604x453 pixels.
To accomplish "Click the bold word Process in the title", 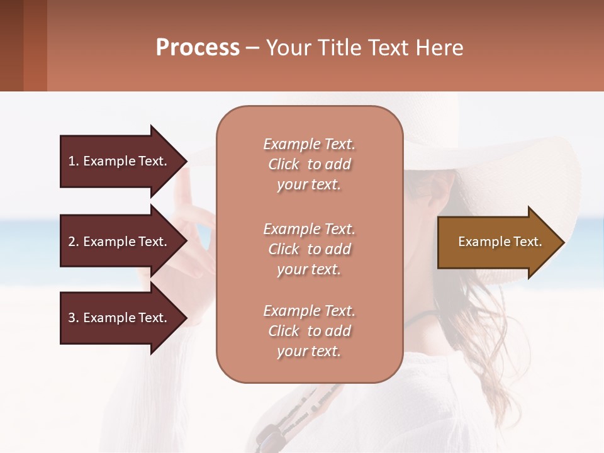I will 198,48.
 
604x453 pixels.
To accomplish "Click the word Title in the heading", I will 338,48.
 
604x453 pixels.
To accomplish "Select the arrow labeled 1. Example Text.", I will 120,161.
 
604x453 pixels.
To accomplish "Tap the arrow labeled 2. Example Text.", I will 120,242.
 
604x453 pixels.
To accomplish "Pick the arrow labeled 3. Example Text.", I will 120,318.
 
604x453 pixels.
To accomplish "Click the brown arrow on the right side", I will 497,242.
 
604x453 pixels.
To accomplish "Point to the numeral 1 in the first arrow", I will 72,161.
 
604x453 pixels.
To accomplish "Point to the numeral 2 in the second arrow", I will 72,242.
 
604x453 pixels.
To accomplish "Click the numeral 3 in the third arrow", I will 72,318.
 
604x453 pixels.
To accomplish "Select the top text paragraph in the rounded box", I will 309,164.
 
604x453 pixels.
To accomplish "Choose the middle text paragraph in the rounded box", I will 309,249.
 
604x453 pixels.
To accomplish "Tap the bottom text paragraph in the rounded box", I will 309,331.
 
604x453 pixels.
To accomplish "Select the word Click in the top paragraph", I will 284,164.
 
